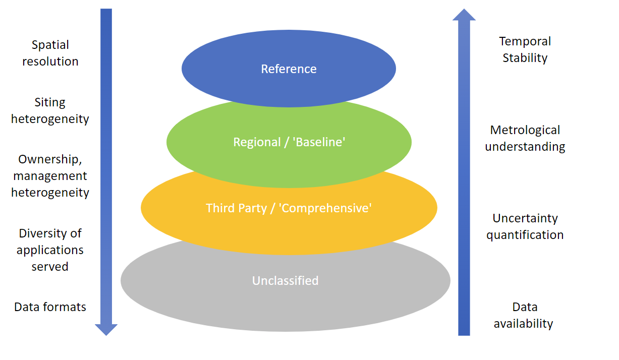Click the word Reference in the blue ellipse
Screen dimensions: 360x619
289,69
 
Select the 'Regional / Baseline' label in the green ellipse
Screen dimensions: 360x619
289,142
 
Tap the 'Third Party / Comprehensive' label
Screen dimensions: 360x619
289,208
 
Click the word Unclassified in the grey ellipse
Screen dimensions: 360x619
285,280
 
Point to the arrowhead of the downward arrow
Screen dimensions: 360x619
106,329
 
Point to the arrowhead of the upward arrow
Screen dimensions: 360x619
464,15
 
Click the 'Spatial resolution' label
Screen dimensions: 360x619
50,53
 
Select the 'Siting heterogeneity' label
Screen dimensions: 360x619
50,110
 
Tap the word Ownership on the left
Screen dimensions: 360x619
49,159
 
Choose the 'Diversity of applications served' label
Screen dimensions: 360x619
50,250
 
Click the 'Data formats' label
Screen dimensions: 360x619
50,307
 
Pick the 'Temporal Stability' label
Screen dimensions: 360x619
525,49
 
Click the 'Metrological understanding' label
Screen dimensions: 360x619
525,138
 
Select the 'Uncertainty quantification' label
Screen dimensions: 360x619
525,226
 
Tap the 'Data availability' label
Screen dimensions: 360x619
524,315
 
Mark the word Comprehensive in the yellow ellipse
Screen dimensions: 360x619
326,208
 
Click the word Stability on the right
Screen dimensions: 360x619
525,58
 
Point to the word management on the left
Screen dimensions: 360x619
50,176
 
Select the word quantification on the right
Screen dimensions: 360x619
525,235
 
